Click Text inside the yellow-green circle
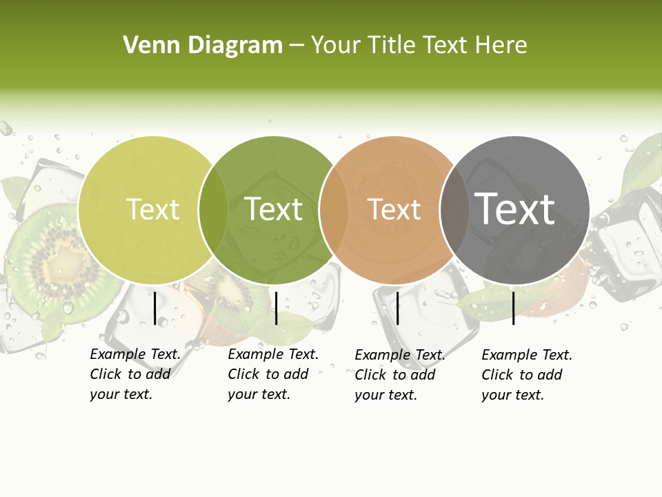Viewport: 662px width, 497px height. (x=152, y=209)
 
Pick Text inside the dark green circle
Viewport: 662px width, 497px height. (x=274, y=209)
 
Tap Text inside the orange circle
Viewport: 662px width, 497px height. (x=394, y=209)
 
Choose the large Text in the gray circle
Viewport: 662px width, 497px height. (x=514, y=209)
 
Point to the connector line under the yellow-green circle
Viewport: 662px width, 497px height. (x=155, y=308)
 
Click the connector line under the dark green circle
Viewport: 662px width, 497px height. (x=276, y=308)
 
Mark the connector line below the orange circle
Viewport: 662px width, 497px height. (x=397, y=308)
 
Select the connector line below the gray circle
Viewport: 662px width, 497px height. (x=514, y=308)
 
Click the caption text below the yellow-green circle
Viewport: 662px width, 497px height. (x=134, y=374)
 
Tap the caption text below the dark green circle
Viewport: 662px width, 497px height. (x=272, y=374)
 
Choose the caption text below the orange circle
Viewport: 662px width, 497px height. (x=399, y=374)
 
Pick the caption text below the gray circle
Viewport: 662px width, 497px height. (x=526, y=374)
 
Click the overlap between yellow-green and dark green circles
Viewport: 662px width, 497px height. (x=213, y=210)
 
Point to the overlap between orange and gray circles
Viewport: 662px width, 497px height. (x=454, y=210)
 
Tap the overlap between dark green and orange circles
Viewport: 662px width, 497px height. (x=334, y=210)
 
